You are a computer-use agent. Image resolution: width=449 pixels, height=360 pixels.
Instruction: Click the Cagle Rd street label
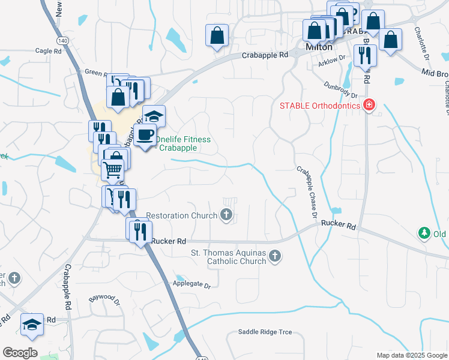[49, 52]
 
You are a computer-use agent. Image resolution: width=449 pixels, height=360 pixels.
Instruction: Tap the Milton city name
[319, 46]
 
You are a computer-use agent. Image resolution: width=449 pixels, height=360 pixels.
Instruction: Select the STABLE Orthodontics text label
[320, 106]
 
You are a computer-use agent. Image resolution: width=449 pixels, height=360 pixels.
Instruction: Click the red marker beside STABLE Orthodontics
[369, 106]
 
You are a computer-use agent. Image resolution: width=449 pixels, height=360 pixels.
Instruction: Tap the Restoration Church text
[182, 215]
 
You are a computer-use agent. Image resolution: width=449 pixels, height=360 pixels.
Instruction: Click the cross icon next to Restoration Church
[226, 214]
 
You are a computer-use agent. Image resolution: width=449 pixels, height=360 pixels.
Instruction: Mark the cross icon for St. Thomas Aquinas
[275, 256]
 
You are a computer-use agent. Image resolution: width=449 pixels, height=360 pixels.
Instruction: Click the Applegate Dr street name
[192, 285]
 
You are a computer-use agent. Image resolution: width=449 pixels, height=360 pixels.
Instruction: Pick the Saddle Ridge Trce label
[265, 332]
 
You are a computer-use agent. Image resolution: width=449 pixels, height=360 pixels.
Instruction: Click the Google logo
[20, 353]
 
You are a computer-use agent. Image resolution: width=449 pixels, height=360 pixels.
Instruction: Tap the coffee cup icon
[144, 134]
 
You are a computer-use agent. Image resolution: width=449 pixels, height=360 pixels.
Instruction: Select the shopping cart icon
[113, 170]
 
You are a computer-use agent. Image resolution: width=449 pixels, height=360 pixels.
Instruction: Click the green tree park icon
[424, 232]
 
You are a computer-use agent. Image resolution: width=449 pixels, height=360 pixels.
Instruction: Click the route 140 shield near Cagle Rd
[62, 40]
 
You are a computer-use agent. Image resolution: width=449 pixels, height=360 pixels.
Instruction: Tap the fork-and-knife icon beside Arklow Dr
[365, 55]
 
